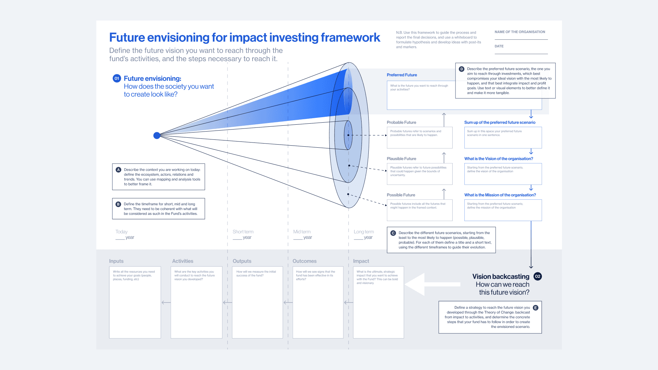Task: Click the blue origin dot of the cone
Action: [x=157, y=136]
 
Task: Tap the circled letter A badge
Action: [x=119, y=170]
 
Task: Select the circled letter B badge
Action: [x=118, y=204]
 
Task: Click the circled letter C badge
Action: [x=393, y=233]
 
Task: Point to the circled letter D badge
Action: [x=462, y=69]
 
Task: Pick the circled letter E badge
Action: [x=536, y=308]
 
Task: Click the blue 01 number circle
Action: [x=117, y=78]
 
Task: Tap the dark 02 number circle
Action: [x=538, y=276]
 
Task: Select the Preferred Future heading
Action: [x=402, y=75]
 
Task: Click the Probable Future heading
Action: [x=401, y=122]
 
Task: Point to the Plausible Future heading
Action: [x=401, y=159]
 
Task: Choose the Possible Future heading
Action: [x=401, y=195]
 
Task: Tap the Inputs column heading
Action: [x=116, y=261]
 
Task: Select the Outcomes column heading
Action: [x=304, y=261]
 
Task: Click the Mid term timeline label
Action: [x=302, y=232]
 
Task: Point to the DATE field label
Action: [x=499, y=46]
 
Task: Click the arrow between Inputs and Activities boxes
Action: [x=166, y=303]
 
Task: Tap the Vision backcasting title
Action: [x=501, y=276]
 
